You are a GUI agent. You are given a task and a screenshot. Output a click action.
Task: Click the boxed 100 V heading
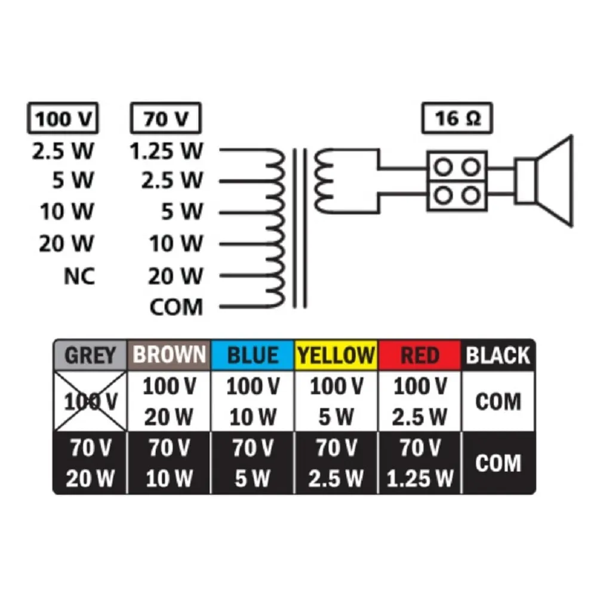(x=63, y=118)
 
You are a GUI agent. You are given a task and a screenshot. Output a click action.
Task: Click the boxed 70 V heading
(x=165, y=118)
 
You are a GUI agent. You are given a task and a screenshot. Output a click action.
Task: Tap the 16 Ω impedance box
(x=457, y=118)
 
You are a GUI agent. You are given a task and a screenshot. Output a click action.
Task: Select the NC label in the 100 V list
(x=79, y=276)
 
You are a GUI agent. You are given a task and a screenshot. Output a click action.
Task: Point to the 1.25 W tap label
(x=167, y=151)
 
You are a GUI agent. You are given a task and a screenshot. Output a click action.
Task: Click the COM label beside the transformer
(x=176, y=307)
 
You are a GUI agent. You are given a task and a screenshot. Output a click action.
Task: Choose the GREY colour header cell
(x=90, y=355)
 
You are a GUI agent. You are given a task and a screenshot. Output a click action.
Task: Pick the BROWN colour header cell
(x=169, y=355)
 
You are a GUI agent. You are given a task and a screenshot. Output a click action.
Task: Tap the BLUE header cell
(x=253, y=355)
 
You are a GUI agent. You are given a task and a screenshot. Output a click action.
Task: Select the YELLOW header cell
(x=336, y=355)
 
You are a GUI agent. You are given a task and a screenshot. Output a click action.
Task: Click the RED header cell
(x=420, y=355)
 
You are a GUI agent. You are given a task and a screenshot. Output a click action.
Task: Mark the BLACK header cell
(x=498, y=355)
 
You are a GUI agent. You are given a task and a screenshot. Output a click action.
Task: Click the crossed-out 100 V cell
(x=90, y=401)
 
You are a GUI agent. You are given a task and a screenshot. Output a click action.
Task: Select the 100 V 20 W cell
(x=169, y=401)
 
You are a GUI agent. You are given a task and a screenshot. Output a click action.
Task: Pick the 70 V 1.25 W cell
(x=420, y=463)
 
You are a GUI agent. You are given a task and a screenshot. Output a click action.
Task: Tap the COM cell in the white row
(x=498, y=401)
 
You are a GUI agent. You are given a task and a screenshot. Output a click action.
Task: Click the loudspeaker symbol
(x=544, y=181)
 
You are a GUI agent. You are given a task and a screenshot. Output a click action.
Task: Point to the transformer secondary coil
(x=324, y=181)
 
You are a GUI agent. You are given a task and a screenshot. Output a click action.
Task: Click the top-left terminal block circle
(x=444, y=167)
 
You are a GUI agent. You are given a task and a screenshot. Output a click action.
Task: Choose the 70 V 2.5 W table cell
(x=336, y=463)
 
